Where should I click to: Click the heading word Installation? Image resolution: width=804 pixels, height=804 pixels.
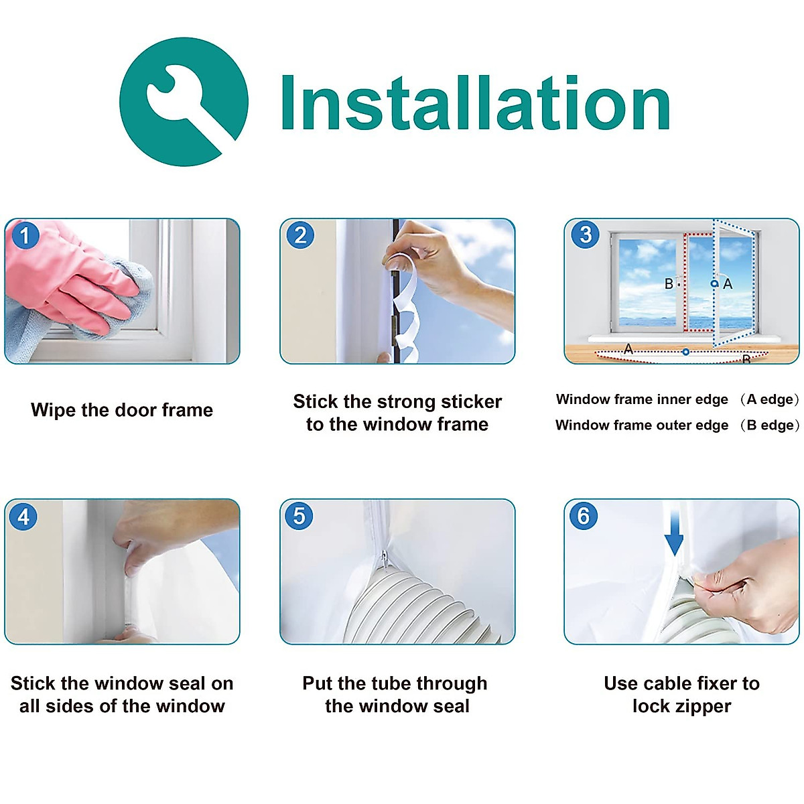pyautogui.click(x=475, y=103)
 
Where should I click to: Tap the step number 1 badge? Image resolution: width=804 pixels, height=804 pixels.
pyautogui.click(x=25, y=235)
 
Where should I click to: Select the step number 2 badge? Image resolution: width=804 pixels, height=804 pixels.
pyautogui.click(x=300, y=235)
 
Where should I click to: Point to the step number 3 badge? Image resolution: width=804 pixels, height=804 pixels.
pyautogui.click(x=586, y=235)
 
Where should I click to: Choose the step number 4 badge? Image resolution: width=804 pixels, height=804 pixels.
pyautogui.click(x=23, y=517)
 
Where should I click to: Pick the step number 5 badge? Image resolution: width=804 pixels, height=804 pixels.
pyautogui.click(x=299, y=516)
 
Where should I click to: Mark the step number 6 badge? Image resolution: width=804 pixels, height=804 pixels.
pyautogui.click(x=584, y=516)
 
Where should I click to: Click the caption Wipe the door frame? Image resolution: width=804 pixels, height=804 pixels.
pyautogui.click(x=122, y=410)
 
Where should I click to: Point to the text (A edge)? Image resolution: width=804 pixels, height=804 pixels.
pyautogui.click(x=770, y=399)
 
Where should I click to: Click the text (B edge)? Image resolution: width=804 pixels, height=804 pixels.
pyautogui.click(x=770, y=425)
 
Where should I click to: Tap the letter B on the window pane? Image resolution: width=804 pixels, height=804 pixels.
pyautogui.click(x=669, y=283)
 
